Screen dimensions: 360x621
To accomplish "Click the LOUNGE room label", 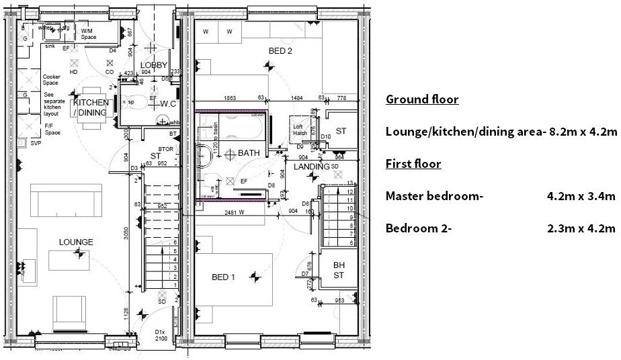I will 75,242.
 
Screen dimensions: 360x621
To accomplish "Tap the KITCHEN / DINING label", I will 90,107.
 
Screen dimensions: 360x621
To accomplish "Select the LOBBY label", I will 153,65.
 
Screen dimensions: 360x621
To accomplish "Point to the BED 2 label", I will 280,51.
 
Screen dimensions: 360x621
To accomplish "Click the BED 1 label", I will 224,277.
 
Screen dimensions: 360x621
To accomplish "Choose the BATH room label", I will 248,153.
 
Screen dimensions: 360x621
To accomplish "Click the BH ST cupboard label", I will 339,270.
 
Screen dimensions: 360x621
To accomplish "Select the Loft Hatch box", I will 299,129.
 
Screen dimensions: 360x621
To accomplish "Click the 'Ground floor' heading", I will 422,99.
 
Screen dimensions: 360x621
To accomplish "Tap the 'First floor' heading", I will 413,164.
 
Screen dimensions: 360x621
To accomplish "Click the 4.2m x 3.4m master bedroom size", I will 581,196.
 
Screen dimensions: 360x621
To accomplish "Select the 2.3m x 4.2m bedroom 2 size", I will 581,228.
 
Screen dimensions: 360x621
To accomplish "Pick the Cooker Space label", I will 52,80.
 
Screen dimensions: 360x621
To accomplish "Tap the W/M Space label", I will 89,34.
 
